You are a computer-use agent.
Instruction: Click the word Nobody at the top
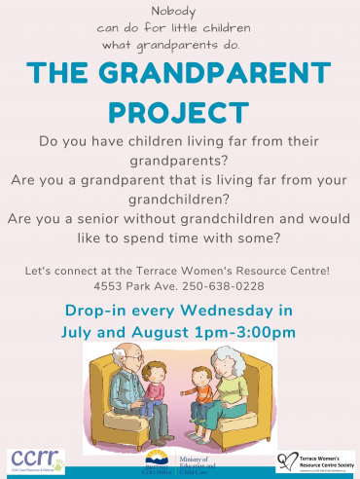[x=179, y=12]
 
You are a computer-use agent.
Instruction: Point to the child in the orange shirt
[x=153, y=388]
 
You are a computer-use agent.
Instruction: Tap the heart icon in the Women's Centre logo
[x=287, y=459]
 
